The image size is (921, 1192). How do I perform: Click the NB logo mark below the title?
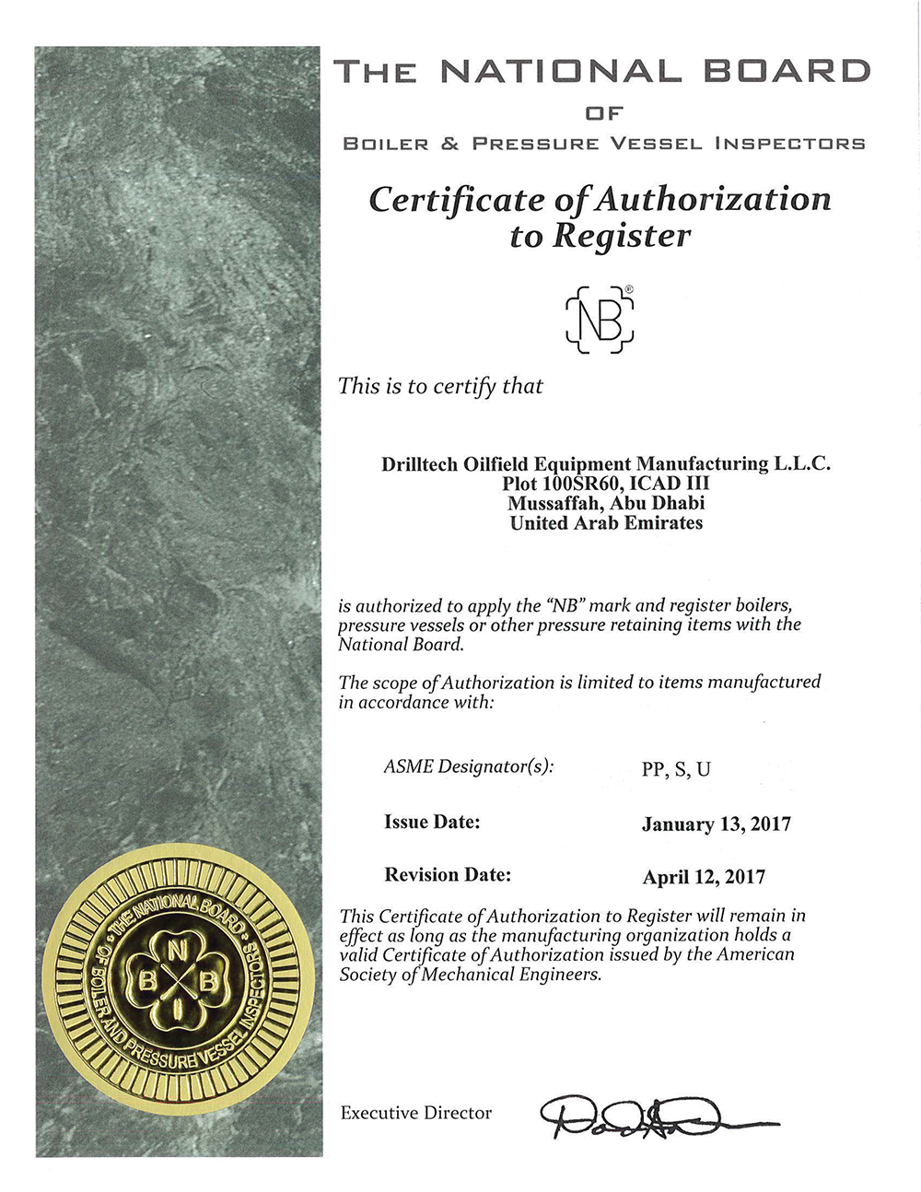(x=600, y=319)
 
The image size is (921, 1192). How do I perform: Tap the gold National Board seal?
(x=171, y=983)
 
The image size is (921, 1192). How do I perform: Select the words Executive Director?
(x=415, y=1114)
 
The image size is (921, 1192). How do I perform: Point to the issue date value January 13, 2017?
(x=716, y=824)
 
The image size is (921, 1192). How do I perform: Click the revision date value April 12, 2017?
(x=704, y=877)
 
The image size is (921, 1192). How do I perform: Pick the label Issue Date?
(x=432, y=822)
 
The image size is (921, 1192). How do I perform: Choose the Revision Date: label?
(x=448, y=874)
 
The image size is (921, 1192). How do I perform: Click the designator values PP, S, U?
(x=676, y=769)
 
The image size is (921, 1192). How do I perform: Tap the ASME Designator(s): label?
(x=469, y=766)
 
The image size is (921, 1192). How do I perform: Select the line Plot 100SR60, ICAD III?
(x=605, y=484)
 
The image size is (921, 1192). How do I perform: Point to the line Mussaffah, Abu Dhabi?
(x=605, y=503)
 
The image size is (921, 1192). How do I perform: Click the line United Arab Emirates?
(x=606, y=523)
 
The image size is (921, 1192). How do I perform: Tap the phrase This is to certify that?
(x=440, y=386)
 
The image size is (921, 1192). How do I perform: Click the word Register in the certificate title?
(x=621, y=236)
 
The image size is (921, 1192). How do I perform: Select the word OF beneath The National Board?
(x=604, y=113)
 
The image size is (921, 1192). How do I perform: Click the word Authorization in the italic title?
(x=715, y=199)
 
